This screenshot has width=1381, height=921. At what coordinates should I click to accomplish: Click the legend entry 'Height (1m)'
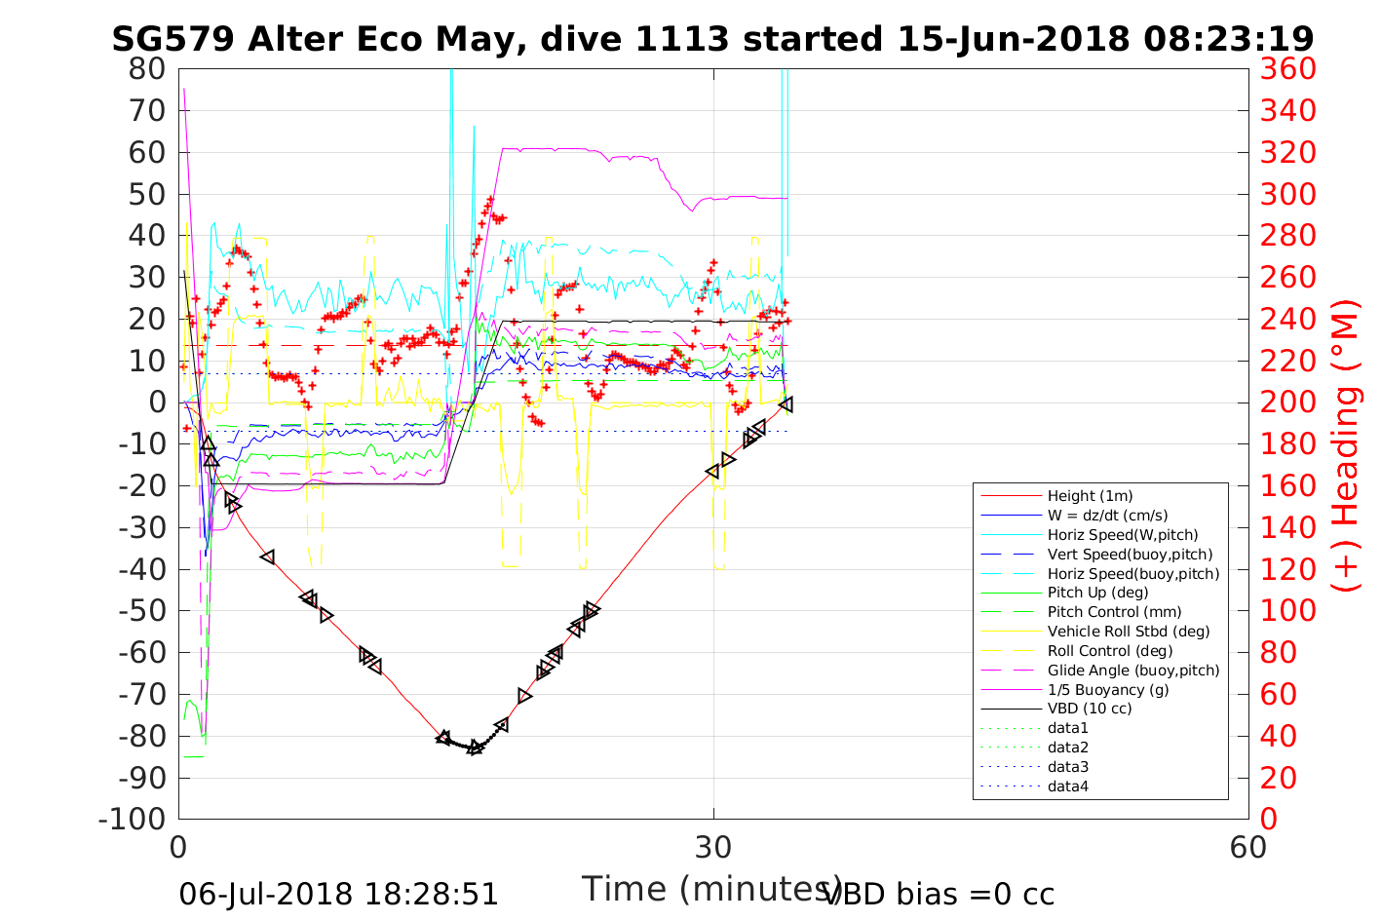1090,496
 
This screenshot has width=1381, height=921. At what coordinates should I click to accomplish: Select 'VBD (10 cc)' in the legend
1090,709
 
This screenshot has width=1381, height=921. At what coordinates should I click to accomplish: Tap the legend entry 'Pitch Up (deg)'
1097,593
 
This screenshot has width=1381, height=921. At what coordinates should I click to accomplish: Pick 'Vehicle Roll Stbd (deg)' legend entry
1129,632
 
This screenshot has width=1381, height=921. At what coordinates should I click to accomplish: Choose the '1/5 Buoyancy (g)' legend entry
1108,689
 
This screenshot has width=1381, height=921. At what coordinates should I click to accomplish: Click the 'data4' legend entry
1067,786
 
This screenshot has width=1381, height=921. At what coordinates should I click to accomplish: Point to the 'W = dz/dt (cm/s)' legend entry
1107,516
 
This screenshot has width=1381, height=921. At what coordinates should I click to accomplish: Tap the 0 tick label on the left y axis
157,403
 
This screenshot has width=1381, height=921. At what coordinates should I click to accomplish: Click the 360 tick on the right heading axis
1287,69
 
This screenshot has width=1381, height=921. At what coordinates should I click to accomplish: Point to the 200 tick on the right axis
1287,403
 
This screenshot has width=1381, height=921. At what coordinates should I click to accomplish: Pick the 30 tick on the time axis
713,847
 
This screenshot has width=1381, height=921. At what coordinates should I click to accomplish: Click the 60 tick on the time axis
1248,847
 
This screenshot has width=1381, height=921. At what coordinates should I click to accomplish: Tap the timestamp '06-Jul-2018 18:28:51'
338,894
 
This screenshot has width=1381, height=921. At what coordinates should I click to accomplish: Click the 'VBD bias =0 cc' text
940,894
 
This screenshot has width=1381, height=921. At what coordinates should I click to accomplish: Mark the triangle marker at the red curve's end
786,403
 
